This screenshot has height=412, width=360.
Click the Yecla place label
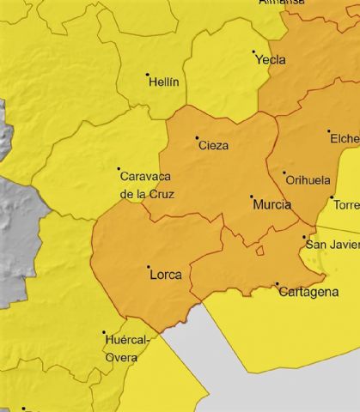(272, 61)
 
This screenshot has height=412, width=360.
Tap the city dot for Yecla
(253, 52)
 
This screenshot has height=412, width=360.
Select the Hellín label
(164, 82)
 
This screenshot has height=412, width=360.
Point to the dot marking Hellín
(148, 75)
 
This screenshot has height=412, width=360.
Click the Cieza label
(213, 146)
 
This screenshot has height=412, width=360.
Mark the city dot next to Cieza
(197, 137)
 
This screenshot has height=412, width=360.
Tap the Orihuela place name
(308, 181)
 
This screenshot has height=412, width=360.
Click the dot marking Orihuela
(284, 173)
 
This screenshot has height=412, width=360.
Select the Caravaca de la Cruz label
(146, 185)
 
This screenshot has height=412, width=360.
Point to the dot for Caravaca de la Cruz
(119, 168)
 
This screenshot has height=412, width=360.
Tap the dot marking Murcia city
(252, 197)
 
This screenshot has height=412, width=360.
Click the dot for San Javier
(304, 237)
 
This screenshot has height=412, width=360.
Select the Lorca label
(165, 276)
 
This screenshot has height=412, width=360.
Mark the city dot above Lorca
(148, 267)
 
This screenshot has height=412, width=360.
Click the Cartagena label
(308, 293)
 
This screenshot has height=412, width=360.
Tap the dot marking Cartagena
(277, 284)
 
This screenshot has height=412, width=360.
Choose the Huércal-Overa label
(126, 348)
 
